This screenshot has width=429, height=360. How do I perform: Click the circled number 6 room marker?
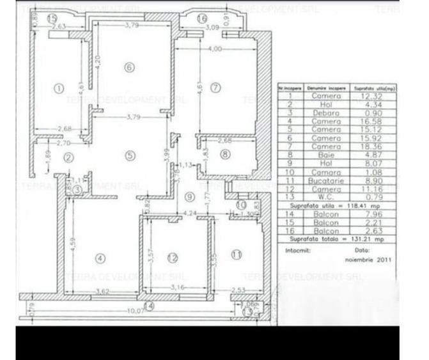click(130, 67)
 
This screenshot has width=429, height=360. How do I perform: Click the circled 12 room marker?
click(172, 258)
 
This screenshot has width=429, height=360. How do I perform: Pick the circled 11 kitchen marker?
click(237, 254)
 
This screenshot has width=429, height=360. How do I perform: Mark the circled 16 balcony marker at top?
click(202, 19)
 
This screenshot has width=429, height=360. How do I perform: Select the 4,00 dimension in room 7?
click(214, 49)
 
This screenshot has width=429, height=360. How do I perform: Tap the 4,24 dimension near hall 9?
click(189, 214)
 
